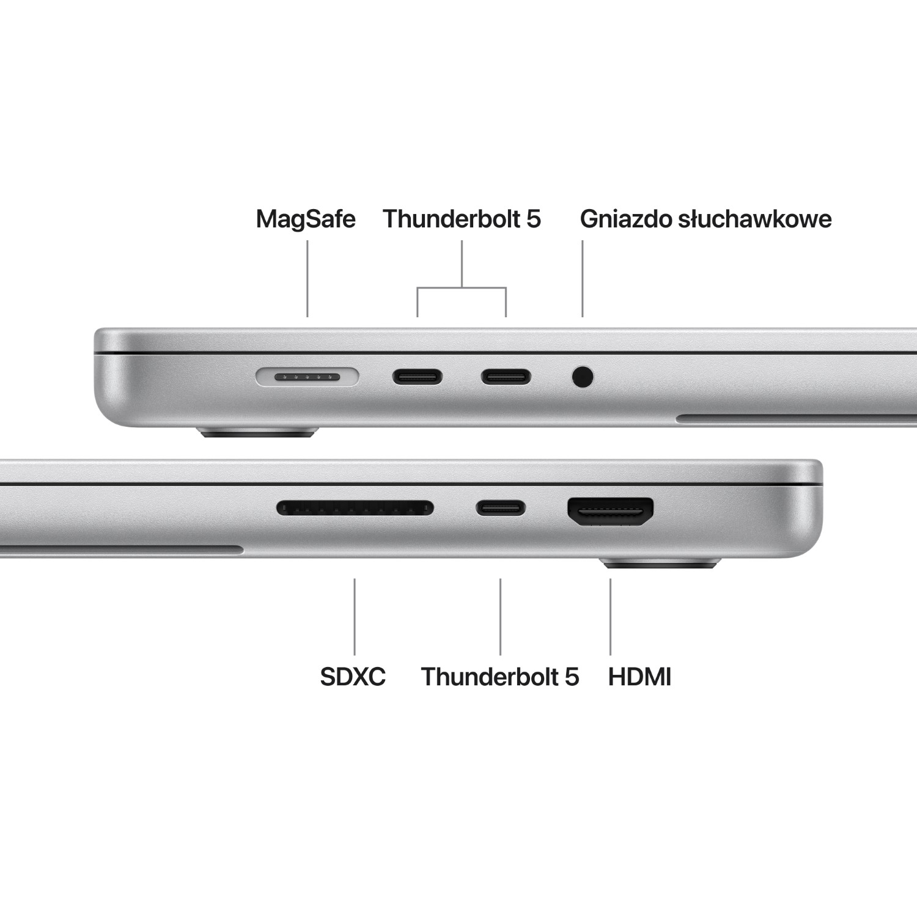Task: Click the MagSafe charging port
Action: pyautogui.click(x=307, y=377)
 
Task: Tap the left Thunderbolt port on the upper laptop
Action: pyautogui.click(x=418, y=377)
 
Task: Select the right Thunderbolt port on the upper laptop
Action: pyautogui.click(x=506, y=377)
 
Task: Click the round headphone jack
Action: pyautogui.click(x=583, y=377)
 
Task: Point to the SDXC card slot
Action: pyautogui.click(x=355, y=507)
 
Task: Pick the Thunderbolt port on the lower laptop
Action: pyautogui.click(x=500, y=507)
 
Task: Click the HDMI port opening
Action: pyautogui.click(x=610, y=511)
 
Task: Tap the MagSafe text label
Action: pyautogui.click(x=306, y=219)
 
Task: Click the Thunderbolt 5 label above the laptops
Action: pyautogui.click(x=462, y=219)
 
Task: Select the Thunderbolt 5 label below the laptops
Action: pyautogui.click(x=499, y=677)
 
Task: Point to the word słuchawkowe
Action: pyautogui.click(x=753, y=219)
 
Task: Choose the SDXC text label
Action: pyautogui.click(x=353, y=677)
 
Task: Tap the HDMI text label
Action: pyautogui.click(x=639, y=677)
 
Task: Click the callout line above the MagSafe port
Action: pyautogui.click(x=307, y=279)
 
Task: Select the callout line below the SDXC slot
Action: pyautogui.click(x=355, y=616)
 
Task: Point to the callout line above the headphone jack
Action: pyautogui.click(x=583, y=279)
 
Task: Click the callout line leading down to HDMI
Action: pyautogui.click(x=610, y=616)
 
